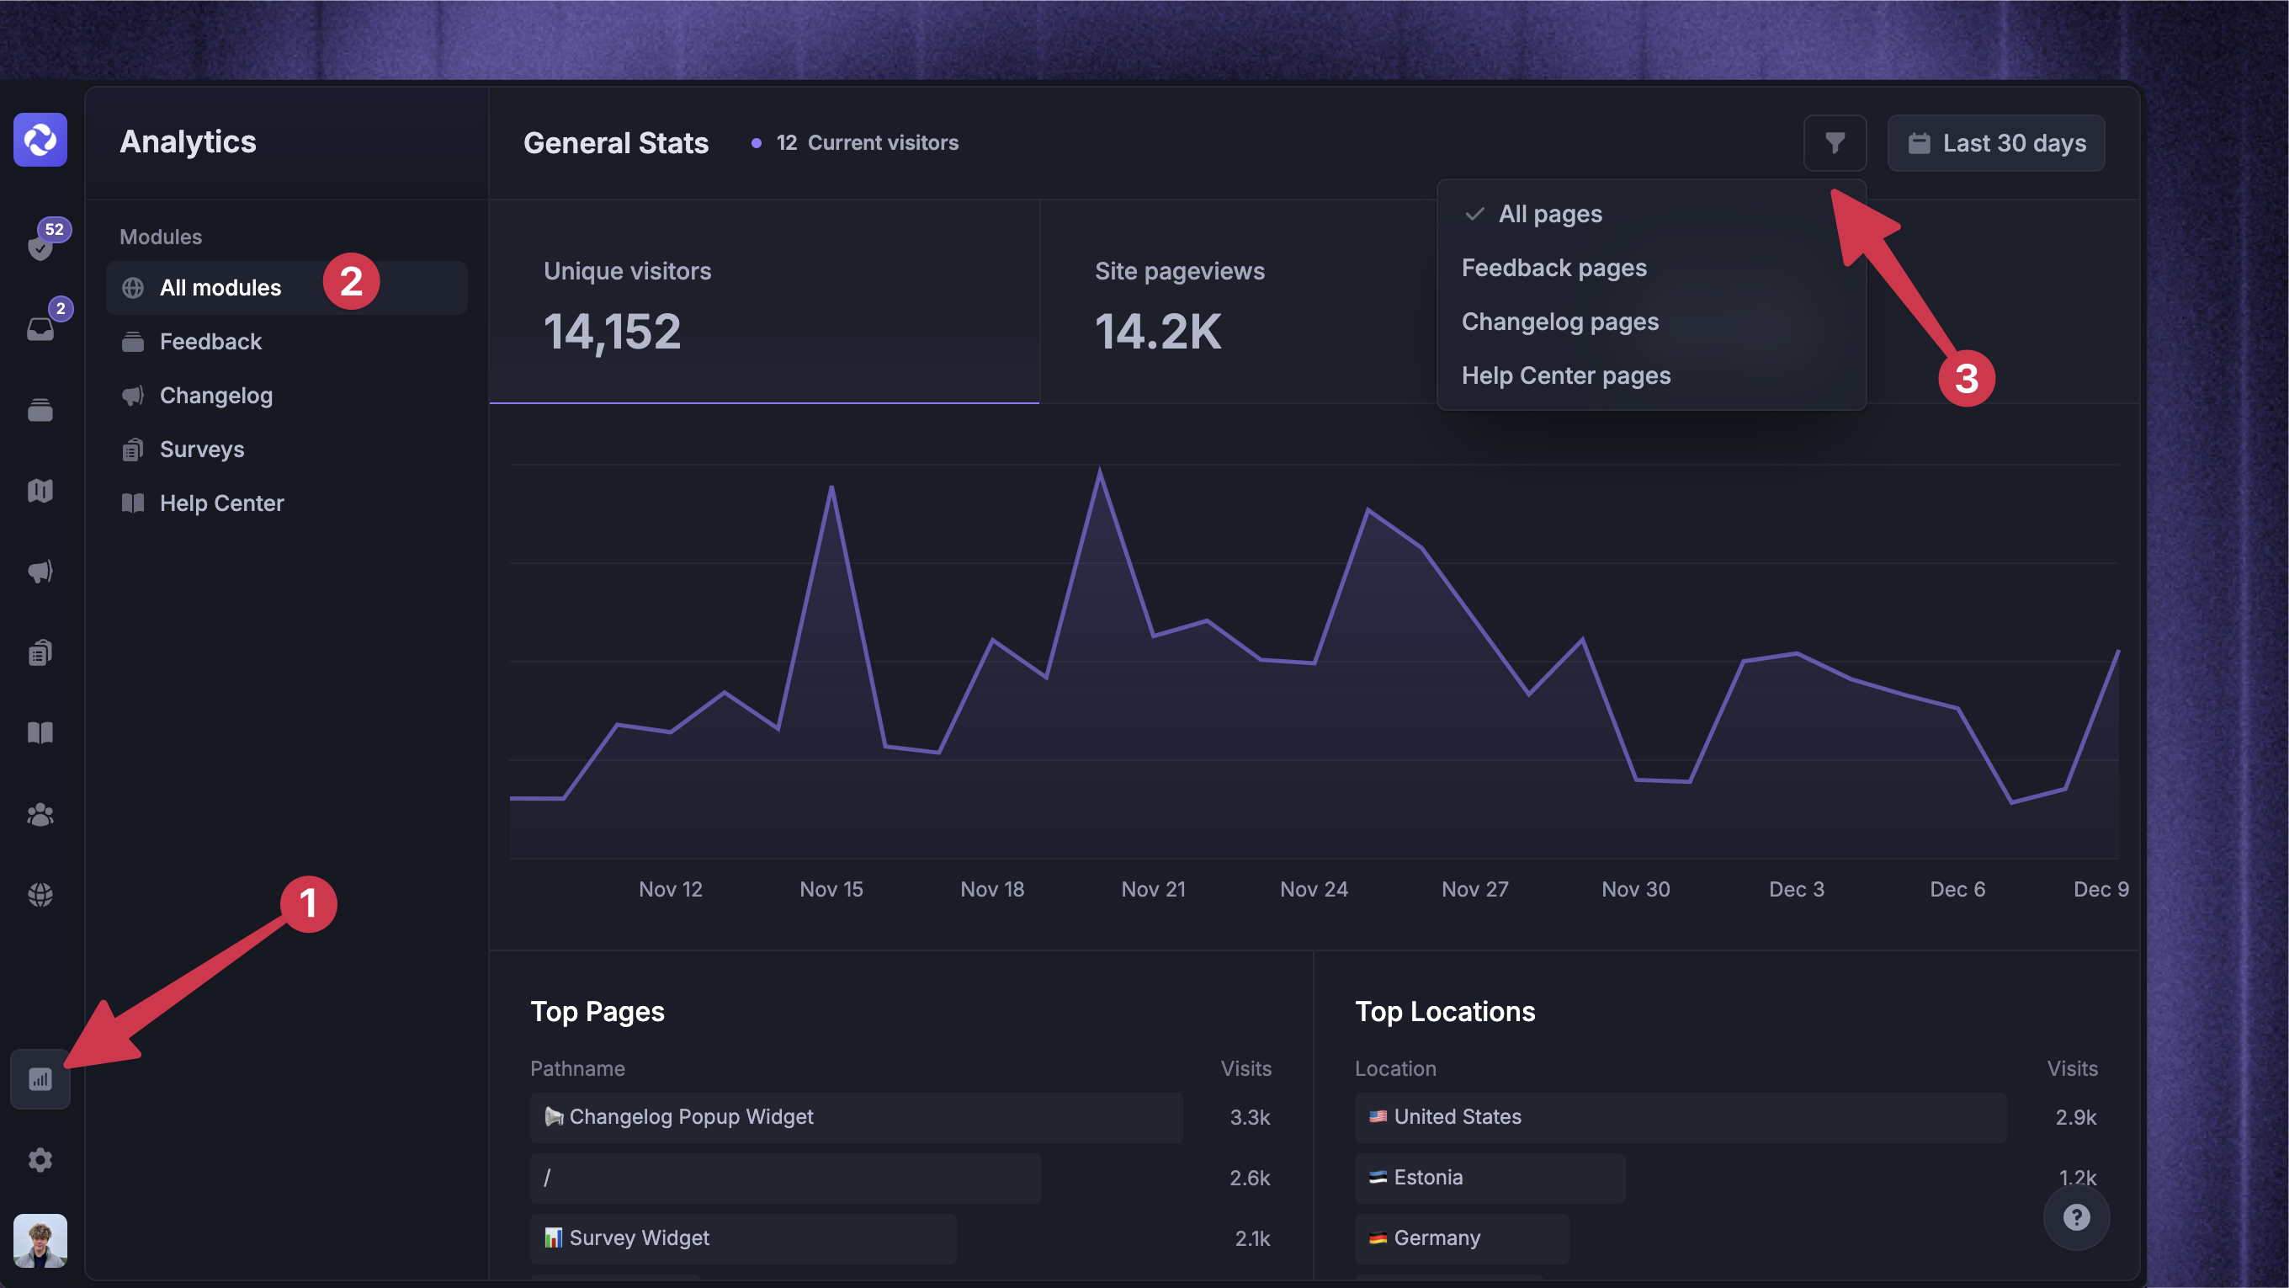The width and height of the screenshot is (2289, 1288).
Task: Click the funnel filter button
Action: pos(1834,142)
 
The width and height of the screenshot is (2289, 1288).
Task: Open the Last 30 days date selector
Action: pos(1996,142)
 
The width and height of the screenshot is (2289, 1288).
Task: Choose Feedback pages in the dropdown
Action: pos(1554,268)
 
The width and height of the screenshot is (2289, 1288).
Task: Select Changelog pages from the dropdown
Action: pos(1559,322)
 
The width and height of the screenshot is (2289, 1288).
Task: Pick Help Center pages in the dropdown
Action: pos(1565,376)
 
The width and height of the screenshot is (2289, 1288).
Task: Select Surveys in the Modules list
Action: pos(202,449)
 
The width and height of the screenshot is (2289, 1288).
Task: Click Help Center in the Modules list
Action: pos(221,503)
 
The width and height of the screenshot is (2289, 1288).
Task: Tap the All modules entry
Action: pos(220,287)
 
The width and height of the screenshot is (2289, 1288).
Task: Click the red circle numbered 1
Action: pos(308,904)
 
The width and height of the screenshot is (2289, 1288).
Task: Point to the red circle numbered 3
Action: pos(1967,378)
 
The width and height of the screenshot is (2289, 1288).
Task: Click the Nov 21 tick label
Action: pos(1154,889)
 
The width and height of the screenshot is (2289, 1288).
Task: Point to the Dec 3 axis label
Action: pos(1796,889)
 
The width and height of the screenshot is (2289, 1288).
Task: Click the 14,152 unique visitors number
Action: pos(613,333)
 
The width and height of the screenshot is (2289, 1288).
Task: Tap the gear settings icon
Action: pos(40,1160)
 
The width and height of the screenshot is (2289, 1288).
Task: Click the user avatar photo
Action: pos(40,1240)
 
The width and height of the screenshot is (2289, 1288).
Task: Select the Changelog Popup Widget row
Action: pos(856,1116)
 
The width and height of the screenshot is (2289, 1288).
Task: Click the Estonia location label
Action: pos(1427,1177)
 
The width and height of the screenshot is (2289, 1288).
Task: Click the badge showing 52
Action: pos(54,229)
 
